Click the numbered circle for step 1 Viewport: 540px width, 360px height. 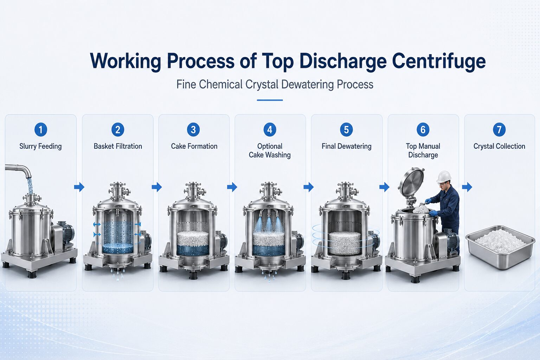[x=40, y=129]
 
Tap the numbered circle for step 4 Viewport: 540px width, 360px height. [x=270, y=129]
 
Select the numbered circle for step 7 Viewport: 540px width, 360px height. [x=499, y=129]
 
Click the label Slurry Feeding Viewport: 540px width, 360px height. [x=40, y=146]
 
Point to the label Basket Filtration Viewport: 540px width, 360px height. [x=118, y=146]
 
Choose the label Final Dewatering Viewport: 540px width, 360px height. [x=346, y=146]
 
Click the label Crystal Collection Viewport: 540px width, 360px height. [x=499, y=146]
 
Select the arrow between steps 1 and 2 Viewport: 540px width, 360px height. [x=79, y=187]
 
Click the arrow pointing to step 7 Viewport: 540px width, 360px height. [x=467, y=187]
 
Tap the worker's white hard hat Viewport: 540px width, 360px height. [x=444, y=176]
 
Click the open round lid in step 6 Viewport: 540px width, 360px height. [x=411, y=181]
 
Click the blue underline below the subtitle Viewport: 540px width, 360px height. [x=270, y=100]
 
